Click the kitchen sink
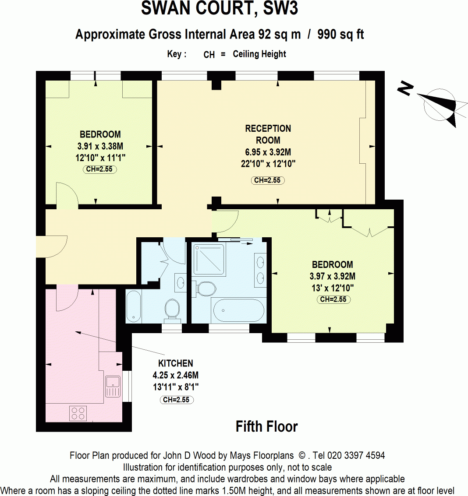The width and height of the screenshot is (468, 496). click(x=113, y=386)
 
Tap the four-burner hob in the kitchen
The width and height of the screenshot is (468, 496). click(x=78, y=413)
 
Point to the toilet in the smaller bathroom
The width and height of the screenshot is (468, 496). click(x=172, y=308)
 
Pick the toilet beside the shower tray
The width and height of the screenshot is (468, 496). click(x=206, y=288)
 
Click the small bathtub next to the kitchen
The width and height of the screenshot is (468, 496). click(x=133, y=306)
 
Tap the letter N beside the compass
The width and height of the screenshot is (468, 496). click(x=405, y=89)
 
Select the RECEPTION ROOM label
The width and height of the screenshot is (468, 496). click(x=268, y=134)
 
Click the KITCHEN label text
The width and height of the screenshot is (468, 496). click(x=175, y=363)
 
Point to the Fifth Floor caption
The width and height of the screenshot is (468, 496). click(x=266, y=426)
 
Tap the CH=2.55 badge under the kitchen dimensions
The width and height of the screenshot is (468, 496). click(x=176, y=400)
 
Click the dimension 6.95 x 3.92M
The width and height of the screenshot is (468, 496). click(x=268, y=152)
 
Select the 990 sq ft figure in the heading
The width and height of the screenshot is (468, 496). click(x=340, y=34)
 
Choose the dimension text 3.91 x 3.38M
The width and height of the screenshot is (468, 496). click(x=100, y=146)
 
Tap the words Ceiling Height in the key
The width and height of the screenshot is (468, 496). click(x=259, y=54)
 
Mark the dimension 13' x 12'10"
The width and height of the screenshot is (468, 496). click(x=332, y=288)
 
